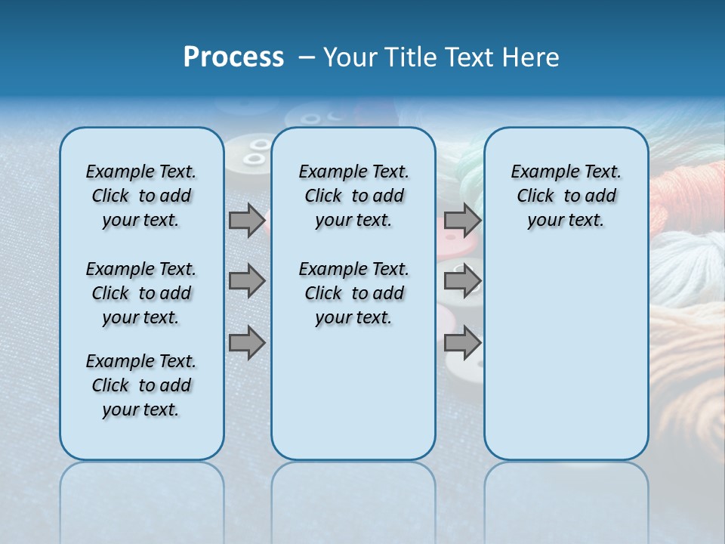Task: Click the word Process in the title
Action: pos(233,57)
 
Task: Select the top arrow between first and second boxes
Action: pos(247,220)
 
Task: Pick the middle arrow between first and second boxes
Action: pos(247,281)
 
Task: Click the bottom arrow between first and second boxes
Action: pos(247,342)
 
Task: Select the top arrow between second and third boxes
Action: pos(462,220)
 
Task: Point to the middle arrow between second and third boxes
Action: pos(462,281)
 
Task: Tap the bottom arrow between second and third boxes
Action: pos(462,342)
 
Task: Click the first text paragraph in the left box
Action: pos(141,196)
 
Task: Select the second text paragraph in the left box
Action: pos(141,293)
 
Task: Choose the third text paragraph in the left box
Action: pos(141,385)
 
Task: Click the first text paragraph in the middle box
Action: pos(353,196)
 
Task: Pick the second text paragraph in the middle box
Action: pos(353,293)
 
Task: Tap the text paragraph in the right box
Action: pos(566,196)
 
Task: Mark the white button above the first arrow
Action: pos(253,151)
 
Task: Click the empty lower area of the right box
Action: pos(566,363)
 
